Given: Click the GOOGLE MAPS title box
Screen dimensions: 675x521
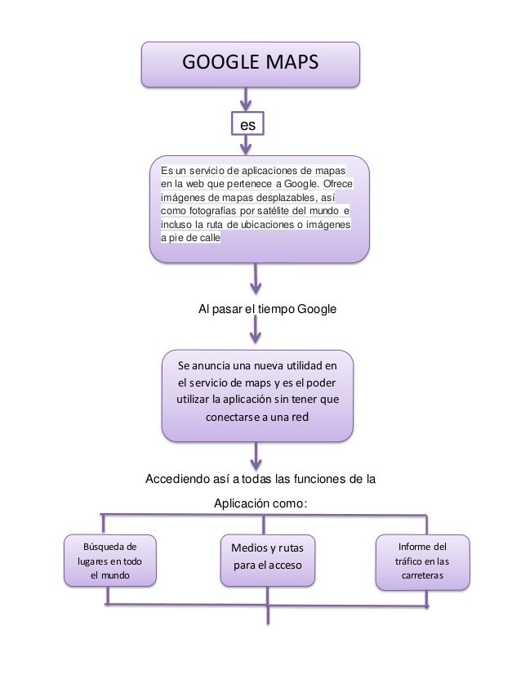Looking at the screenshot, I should [250, 64].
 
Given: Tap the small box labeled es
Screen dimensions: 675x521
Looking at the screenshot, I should [247, 124].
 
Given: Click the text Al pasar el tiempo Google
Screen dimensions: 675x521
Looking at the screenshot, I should [268, 310].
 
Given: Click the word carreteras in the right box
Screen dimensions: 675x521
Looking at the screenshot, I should [421, 575].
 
